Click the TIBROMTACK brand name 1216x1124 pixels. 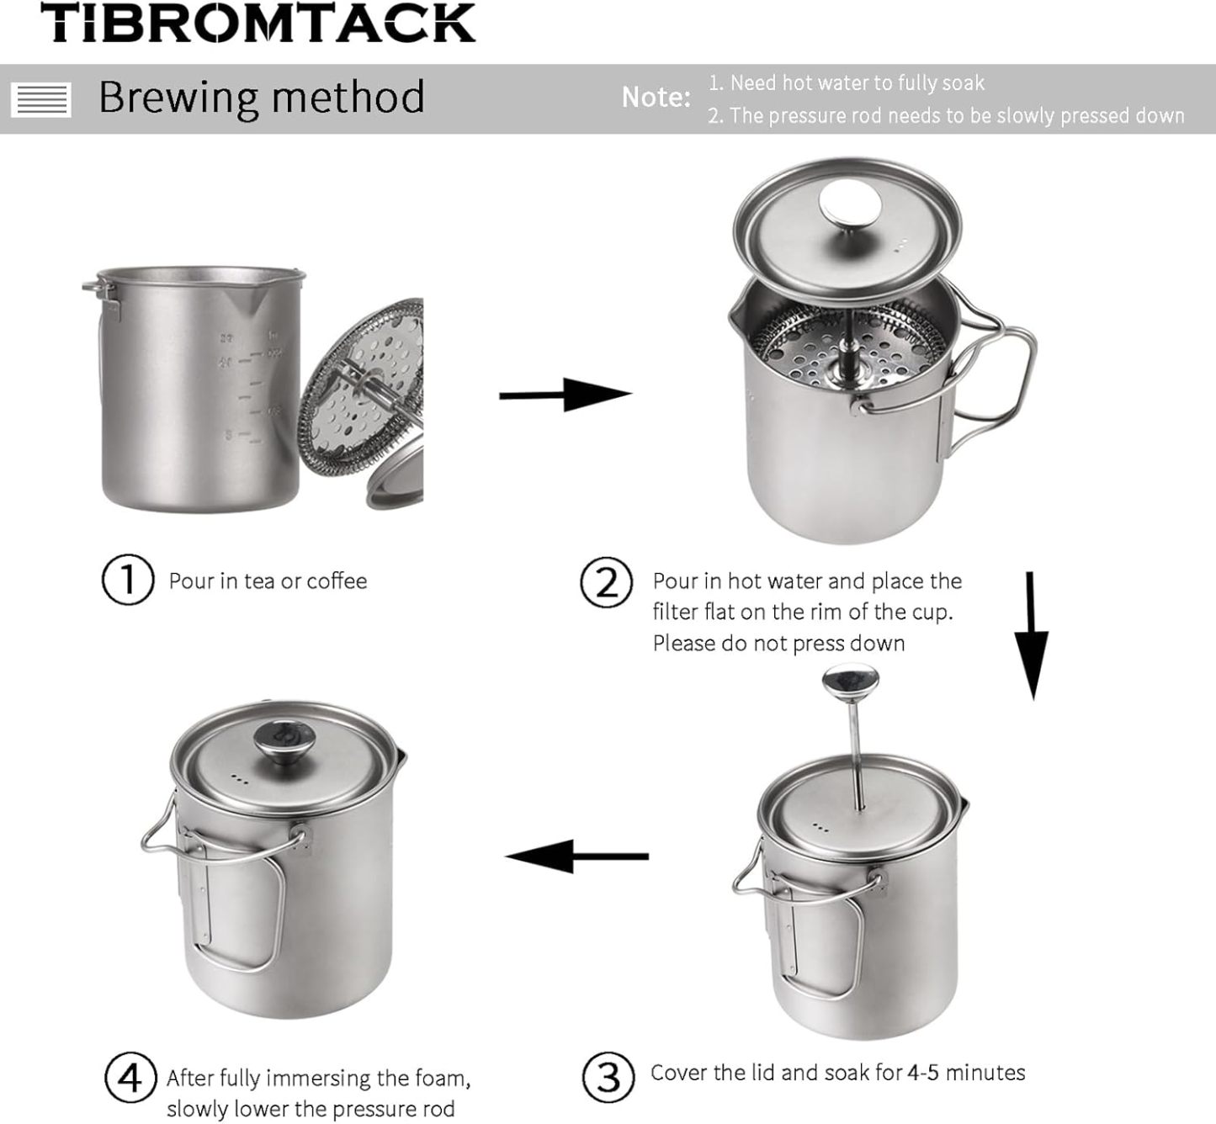pyautogui.click(x=258, y=24)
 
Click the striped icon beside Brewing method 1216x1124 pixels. pyautogui.click(x=41, y=99)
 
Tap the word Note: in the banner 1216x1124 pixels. pyautogui.click(x=656, y=98)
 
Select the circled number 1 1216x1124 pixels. pyautogui.click(x=127, y=580)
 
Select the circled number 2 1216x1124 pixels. pyautogui.click(x=606, y=582)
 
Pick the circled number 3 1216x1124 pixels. pyautogui.click(x=607, y=1076)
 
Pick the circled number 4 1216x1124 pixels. pyautogui.click(x=130, y=1078)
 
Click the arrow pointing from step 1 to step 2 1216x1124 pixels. pyautogui.click(x=565, y=395)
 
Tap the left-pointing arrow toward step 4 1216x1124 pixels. pyautogui.click(x=576, y=856)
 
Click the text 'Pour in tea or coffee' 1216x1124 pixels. pyautogui.click(x=268, y=581)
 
